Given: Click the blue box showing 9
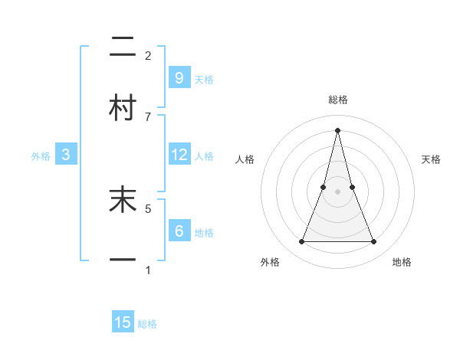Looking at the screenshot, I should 179,77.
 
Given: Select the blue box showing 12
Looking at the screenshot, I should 179,155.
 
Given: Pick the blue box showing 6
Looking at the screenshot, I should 179,231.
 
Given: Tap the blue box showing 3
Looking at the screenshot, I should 66,155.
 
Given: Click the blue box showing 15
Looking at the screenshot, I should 123,322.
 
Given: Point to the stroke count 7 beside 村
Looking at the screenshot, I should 148,116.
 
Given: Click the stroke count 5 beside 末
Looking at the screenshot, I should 148,208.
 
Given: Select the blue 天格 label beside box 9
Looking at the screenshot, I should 204,79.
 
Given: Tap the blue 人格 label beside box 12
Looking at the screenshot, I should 204,156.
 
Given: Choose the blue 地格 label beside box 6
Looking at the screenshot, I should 204,232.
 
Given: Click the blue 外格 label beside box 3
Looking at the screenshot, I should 41,156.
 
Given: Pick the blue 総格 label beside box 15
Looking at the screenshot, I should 147,324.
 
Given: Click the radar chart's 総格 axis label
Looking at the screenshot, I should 337,100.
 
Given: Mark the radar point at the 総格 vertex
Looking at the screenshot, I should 337,130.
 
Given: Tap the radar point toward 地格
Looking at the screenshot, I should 373,242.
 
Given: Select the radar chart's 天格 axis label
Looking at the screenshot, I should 432,159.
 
